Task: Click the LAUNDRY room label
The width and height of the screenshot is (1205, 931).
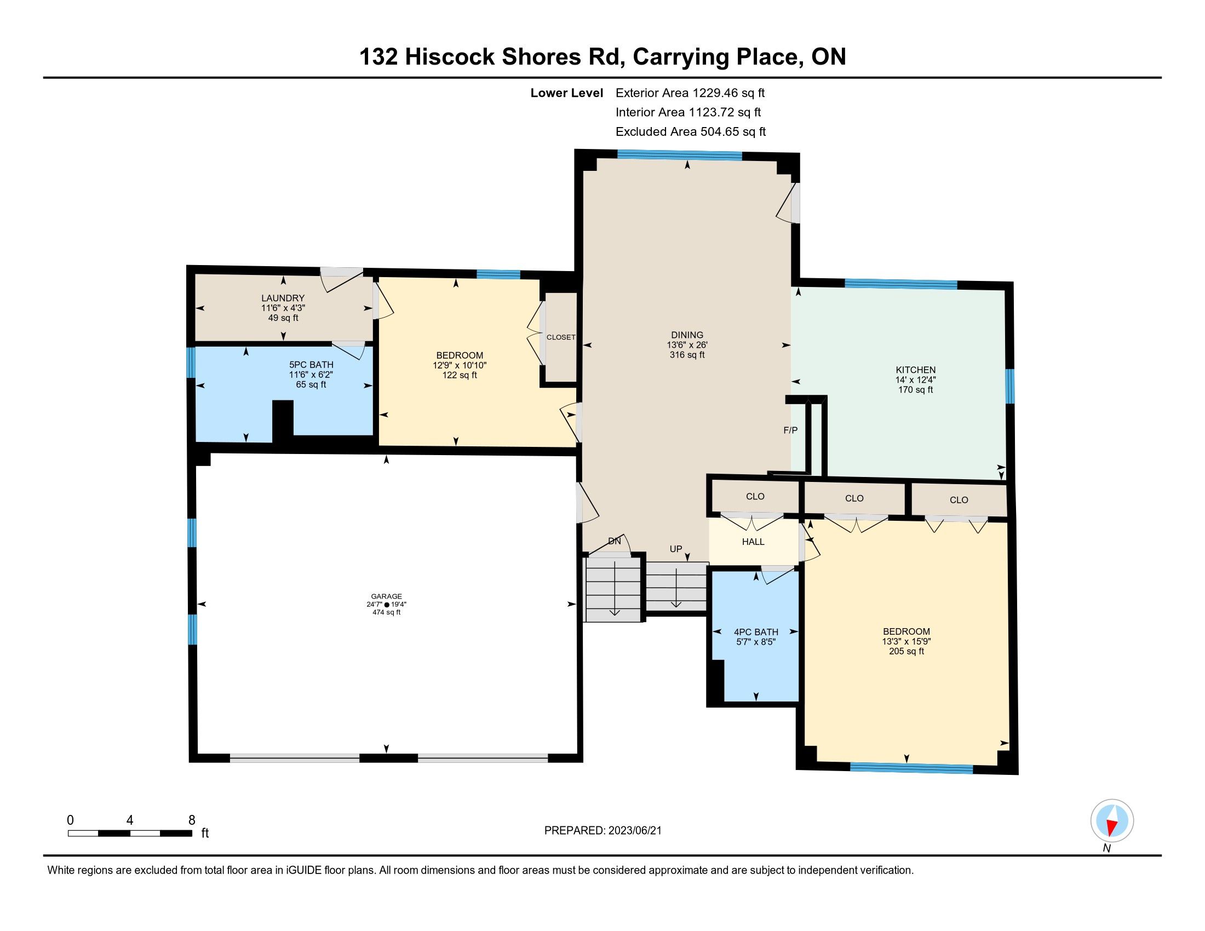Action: tap(283, 298)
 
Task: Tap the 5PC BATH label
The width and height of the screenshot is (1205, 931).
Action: tap(311, 365)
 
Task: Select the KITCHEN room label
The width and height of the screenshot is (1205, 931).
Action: tap(915, 370)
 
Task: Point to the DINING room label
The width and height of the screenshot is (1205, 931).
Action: tap(687, 335)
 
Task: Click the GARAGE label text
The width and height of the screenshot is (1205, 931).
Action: tap(386, 596)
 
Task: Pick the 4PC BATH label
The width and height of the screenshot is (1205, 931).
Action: tap(756, 632)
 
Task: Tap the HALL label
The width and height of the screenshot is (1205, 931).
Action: tap(753, 542)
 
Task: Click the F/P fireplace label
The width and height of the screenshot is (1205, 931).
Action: tap(790, 430)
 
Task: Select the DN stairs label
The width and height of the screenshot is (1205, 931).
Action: tap(614, 541)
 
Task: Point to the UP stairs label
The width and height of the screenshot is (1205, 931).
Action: tap(676, 549)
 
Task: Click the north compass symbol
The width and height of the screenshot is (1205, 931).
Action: tap(1112, 821)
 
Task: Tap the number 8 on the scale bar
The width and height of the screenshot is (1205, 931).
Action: tap(192, 820)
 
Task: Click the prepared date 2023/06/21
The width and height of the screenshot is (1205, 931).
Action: tap(635, 831)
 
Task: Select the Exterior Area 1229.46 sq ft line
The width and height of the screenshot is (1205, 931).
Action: tap(690, 93)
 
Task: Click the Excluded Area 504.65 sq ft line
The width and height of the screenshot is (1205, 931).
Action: tap(691, 131)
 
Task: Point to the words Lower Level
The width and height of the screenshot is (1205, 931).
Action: tap(567, 93)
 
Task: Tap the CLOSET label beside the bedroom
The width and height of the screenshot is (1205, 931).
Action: tap(561, 337)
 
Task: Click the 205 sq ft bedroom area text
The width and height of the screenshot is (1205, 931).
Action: tap(906, 651)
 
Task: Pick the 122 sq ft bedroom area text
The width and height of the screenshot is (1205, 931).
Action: tap(460, 375)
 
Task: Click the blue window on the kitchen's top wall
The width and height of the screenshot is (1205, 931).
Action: tap(901, 284)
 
